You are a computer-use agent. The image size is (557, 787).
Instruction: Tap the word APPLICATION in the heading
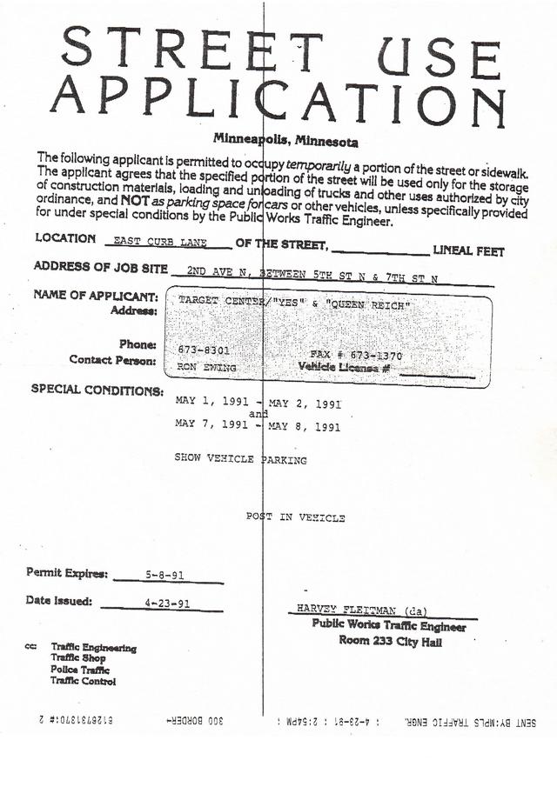277,99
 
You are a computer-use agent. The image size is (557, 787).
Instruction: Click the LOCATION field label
65,238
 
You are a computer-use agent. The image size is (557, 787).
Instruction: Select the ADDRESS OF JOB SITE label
100,266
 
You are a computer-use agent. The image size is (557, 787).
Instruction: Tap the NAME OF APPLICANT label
96,296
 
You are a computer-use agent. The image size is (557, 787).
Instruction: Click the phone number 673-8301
204,349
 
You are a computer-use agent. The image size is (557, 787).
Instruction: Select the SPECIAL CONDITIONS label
97,390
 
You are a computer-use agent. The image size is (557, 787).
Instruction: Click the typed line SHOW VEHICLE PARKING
241,458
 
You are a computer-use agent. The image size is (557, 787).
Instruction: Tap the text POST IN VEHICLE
296,517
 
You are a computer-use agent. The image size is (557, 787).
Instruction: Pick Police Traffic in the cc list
80,670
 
